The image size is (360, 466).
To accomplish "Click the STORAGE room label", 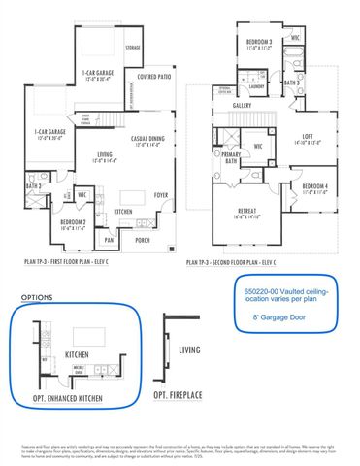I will point(132,46).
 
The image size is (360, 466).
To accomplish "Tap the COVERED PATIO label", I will point(154,76).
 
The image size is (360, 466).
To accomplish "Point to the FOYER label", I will point(160,195).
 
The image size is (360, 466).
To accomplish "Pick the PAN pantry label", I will point(109,239).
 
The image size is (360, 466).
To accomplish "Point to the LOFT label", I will point(306,138).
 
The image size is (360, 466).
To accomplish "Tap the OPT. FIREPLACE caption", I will point(176,396).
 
